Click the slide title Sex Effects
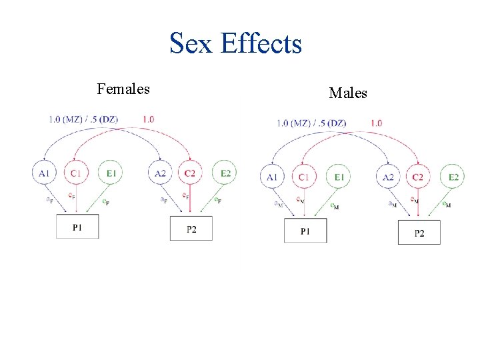click(x=235, y=44)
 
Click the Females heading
click(x=123, y=89)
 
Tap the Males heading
click(x=348, y=93)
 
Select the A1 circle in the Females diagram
click(x=44, y=173)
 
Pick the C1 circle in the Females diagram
click(x=75, y=173)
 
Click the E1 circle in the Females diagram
click(x=111, y=173)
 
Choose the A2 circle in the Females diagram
click(x=160, y=173)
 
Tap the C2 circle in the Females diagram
click(x=190, y=173)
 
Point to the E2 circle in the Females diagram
click(x=225, y=173)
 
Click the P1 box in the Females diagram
click(x=77, y=227)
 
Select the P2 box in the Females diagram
click(x=191, y=228)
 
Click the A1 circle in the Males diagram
click(x=272, y=177)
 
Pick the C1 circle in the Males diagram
click(x=304, y=177)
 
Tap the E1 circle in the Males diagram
click(x=339, y=177)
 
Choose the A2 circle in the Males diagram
click(x=389, y=177)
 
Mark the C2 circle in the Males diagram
click(x=419, y=177)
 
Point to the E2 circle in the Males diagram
click(x=453, y=177)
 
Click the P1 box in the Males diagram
click(x=305, y=231)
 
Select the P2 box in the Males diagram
click(x=419, y=233)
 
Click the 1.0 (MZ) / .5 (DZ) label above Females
click(x=83, y=119)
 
